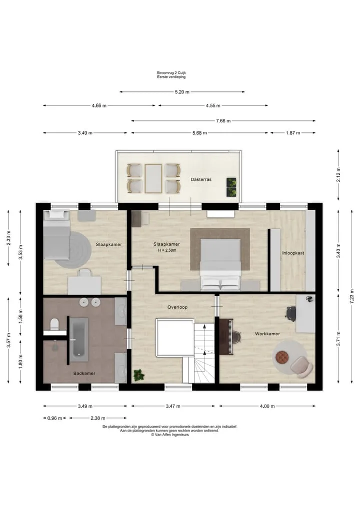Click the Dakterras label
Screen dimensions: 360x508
tap(201, 179)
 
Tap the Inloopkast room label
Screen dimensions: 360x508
tap(293, 253)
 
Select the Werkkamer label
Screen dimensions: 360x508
tap(267, 334)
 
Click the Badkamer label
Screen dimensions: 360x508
tap(84, 373)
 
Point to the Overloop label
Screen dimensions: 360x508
tap(177, 307)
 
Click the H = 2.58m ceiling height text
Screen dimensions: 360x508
tap(167, 250)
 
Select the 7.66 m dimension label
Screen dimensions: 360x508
tap(223, 121)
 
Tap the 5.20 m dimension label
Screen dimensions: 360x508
tap(182, 92)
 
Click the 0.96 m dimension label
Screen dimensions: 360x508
tap(54, 418)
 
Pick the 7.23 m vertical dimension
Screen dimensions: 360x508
tap(352, 297)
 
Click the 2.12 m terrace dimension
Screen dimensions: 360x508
tap(338, 175)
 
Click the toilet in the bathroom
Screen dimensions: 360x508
tap(54, 324)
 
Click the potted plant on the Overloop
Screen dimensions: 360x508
tap(139, 375)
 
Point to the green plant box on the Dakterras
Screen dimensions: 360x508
tap(231, 187)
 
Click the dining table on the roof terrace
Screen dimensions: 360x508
tap(153, 178)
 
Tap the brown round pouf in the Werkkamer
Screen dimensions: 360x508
tap(282, 357)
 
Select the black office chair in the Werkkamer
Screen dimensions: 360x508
tap(290, 313)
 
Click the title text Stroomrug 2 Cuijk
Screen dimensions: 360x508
tap(171, 73)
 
